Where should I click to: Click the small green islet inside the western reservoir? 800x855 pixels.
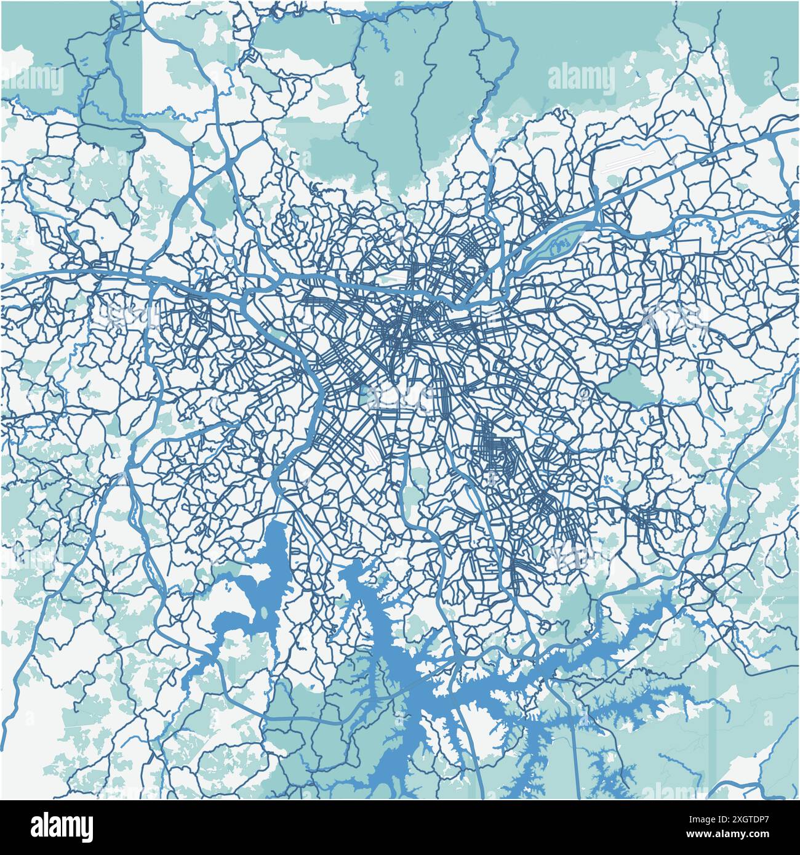(x=264, y=614)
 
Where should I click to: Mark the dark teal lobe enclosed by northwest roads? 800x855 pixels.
(x=111, y=132)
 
